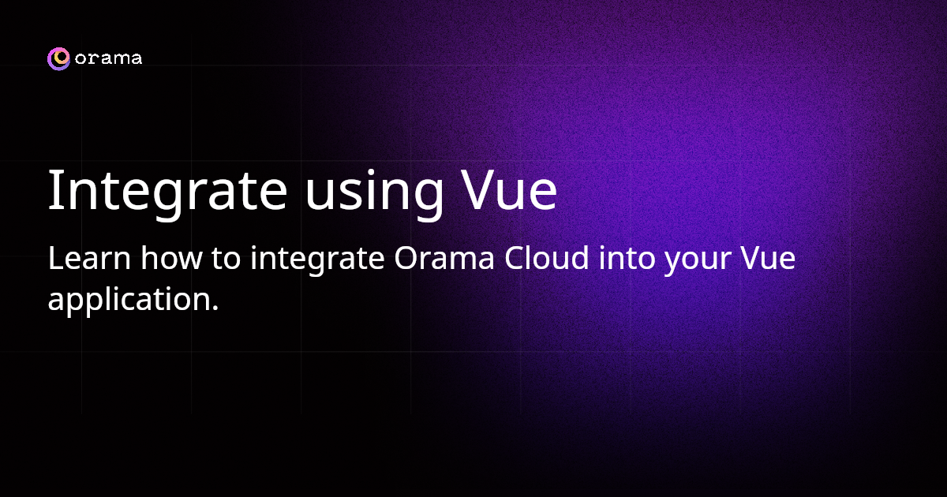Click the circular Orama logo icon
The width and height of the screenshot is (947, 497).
pyautogui.click(x=58, y=58)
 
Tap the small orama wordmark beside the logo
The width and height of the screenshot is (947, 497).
pyautogui.click(x=108, y=58)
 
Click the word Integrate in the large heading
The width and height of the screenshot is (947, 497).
pyautogui.click(x=168, y=190)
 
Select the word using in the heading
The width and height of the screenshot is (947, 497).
pyautogui.click(x=374, y=193)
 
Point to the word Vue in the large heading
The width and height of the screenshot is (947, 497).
pyautogui.click(x=508, y=190)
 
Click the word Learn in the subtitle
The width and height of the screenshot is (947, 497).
pyautogui.click(x=89, y=258)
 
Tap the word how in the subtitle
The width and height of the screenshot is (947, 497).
pyautogui.click(x=172, y=257)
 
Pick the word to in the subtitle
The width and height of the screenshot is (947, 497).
pyautogui.click(x=226, y=259)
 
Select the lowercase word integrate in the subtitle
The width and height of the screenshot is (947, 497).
pyautogui.click(x=317, y=260)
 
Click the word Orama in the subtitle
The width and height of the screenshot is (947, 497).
pyautogui.click(x=444, y=258)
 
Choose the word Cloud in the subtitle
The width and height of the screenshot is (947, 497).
pyautogui.click(x=546, y=257)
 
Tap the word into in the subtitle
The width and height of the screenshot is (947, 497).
pyautogui.click(x=627, y=258)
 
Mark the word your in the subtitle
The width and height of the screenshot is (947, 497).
pyautogui.click(x=698, y=262)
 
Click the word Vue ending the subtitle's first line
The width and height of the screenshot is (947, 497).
pyautogui.click(x=768, y=258)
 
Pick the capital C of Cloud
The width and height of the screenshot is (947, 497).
pyautogui.click(x=515, y=258)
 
